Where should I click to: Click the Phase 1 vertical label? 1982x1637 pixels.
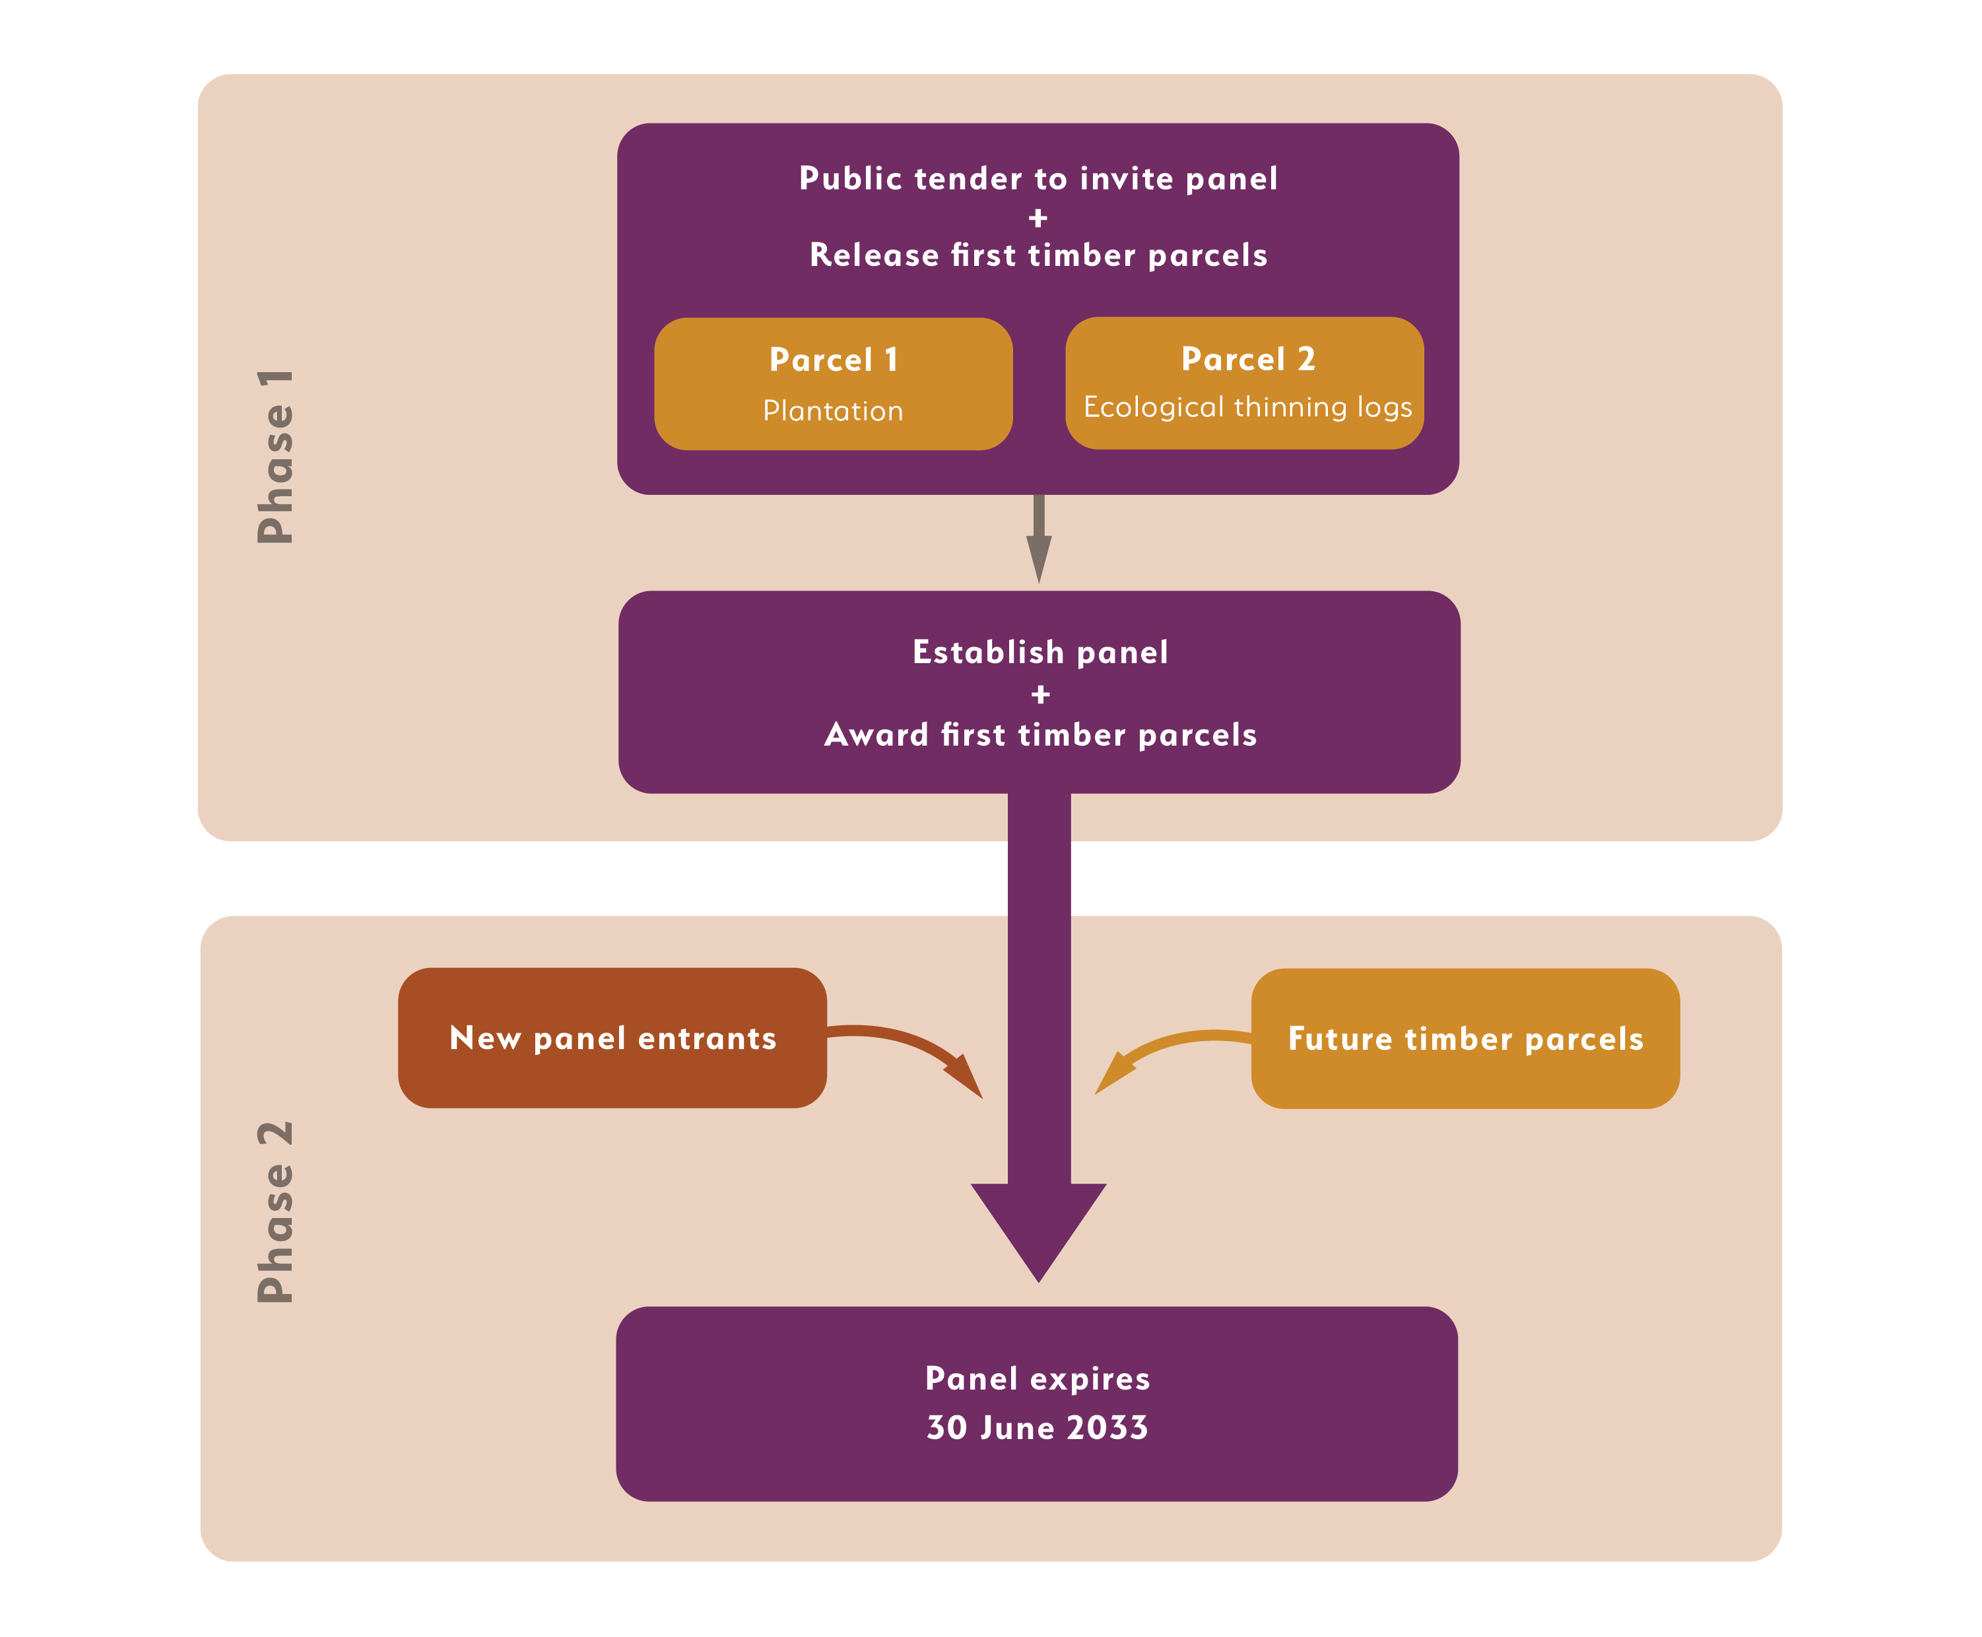click(275, 457)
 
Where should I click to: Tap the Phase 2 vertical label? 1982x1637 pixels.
click(275, 1211)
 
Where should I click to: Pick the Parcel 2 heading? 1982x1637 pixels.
click(1247, 358)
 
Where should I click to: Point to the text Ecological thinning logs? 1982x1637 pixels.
click(1247, 406)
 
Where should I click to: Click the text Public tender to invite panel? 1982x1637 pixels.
click(1038, 178)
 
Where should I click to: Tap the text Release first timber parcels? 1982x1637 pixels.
click(1038, 255)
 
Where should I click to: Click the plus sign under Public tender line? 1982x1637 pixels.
click(1038, 218)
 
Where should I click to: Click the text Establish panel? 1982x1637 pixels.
click(1040, 652)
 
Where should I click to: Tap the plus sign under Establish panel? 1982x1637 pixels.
click(1040, 694)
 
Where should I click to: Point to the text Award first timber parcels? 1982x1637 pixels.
click(1040, 734)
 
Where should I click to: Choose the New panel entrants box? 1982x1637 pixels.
click(612, 1037)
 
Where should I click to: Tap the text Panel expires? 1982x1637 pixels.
click(1037, 1378)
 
